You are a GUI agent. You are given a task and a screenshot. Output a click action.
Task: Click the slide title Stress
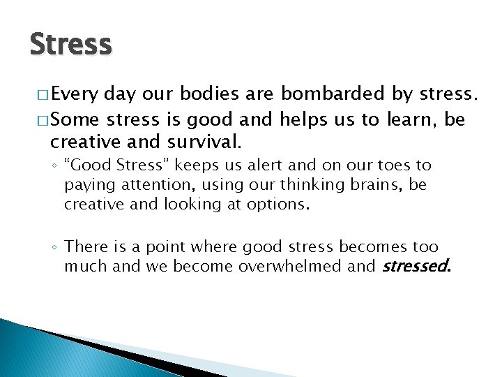tap(70, 44)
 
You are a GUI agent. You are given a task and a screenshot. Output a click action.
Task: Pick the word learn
tap(406, 119)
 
